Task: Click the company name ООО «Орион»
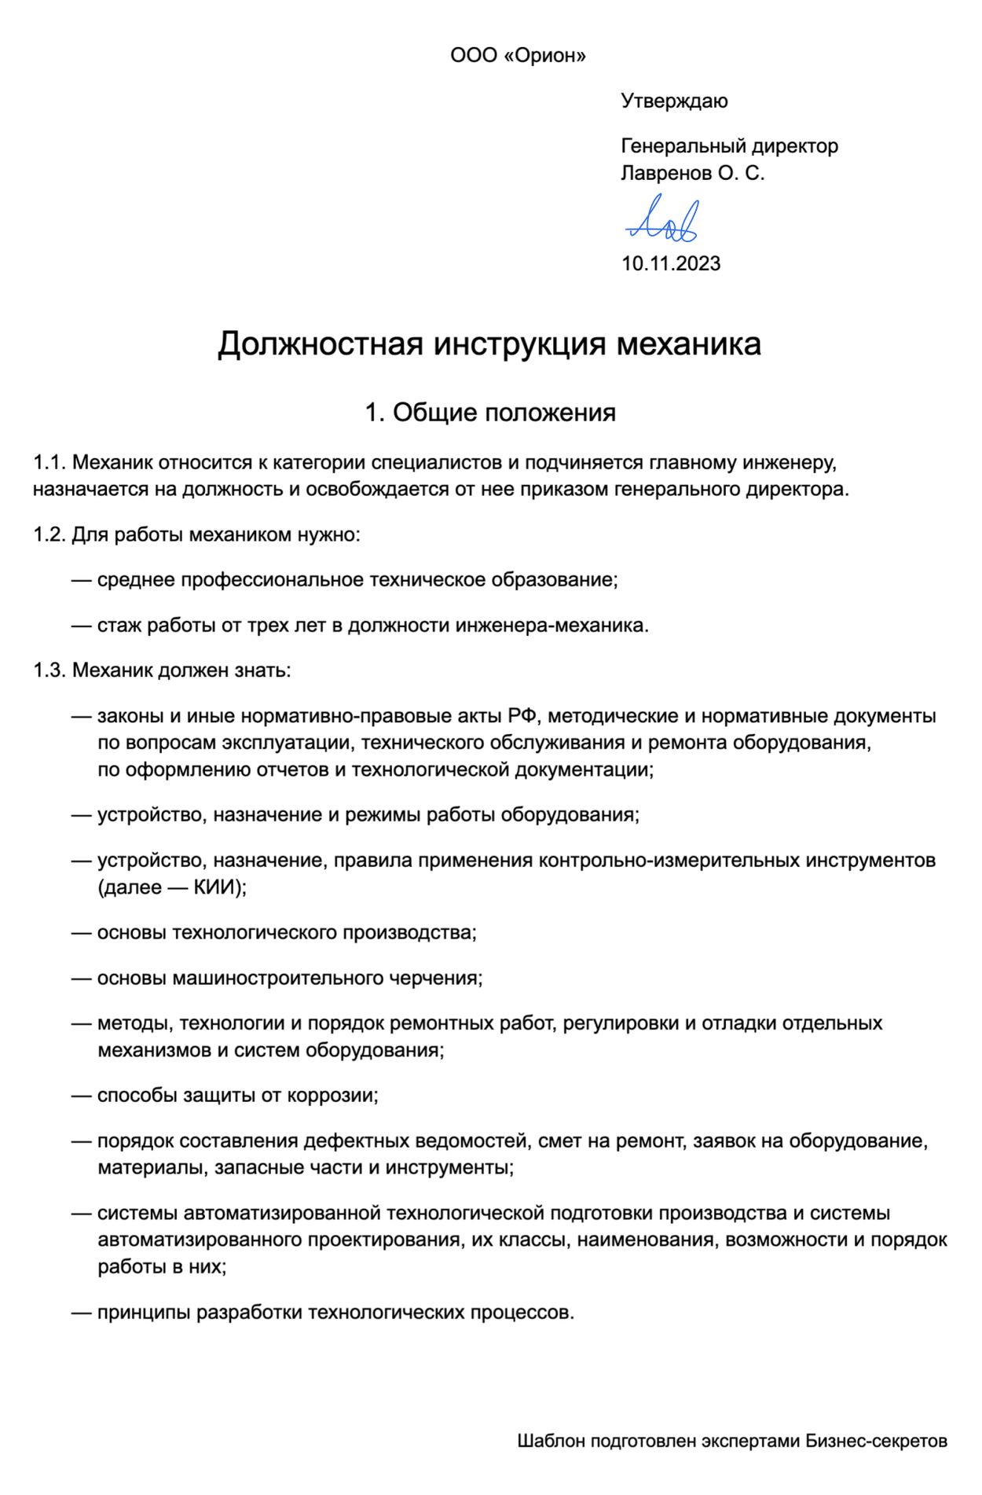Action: point(518,56)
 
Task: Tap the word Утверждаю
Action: point(674,101)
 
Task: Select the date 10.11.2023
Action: point(671,264)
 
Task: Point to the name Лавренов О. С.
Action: point(692,173)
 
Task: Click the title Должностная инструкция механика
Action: point(489,344)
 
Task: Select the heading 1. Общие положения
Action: point(490,413)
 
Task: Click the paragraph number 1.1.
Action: point(49,463)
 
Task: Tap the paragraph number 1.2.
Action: point(49,535)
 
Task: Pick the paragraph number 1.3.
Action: point(49,670)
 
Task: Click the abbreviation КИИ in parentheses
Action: point(214,887)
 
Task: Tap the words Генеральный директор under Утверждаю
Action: point(729,146)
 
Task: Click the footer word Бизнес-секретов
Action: point(876,1441)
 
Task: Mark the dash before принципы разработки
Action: point(82,1313)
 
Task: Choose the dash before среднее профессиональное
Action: point(82,580)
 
